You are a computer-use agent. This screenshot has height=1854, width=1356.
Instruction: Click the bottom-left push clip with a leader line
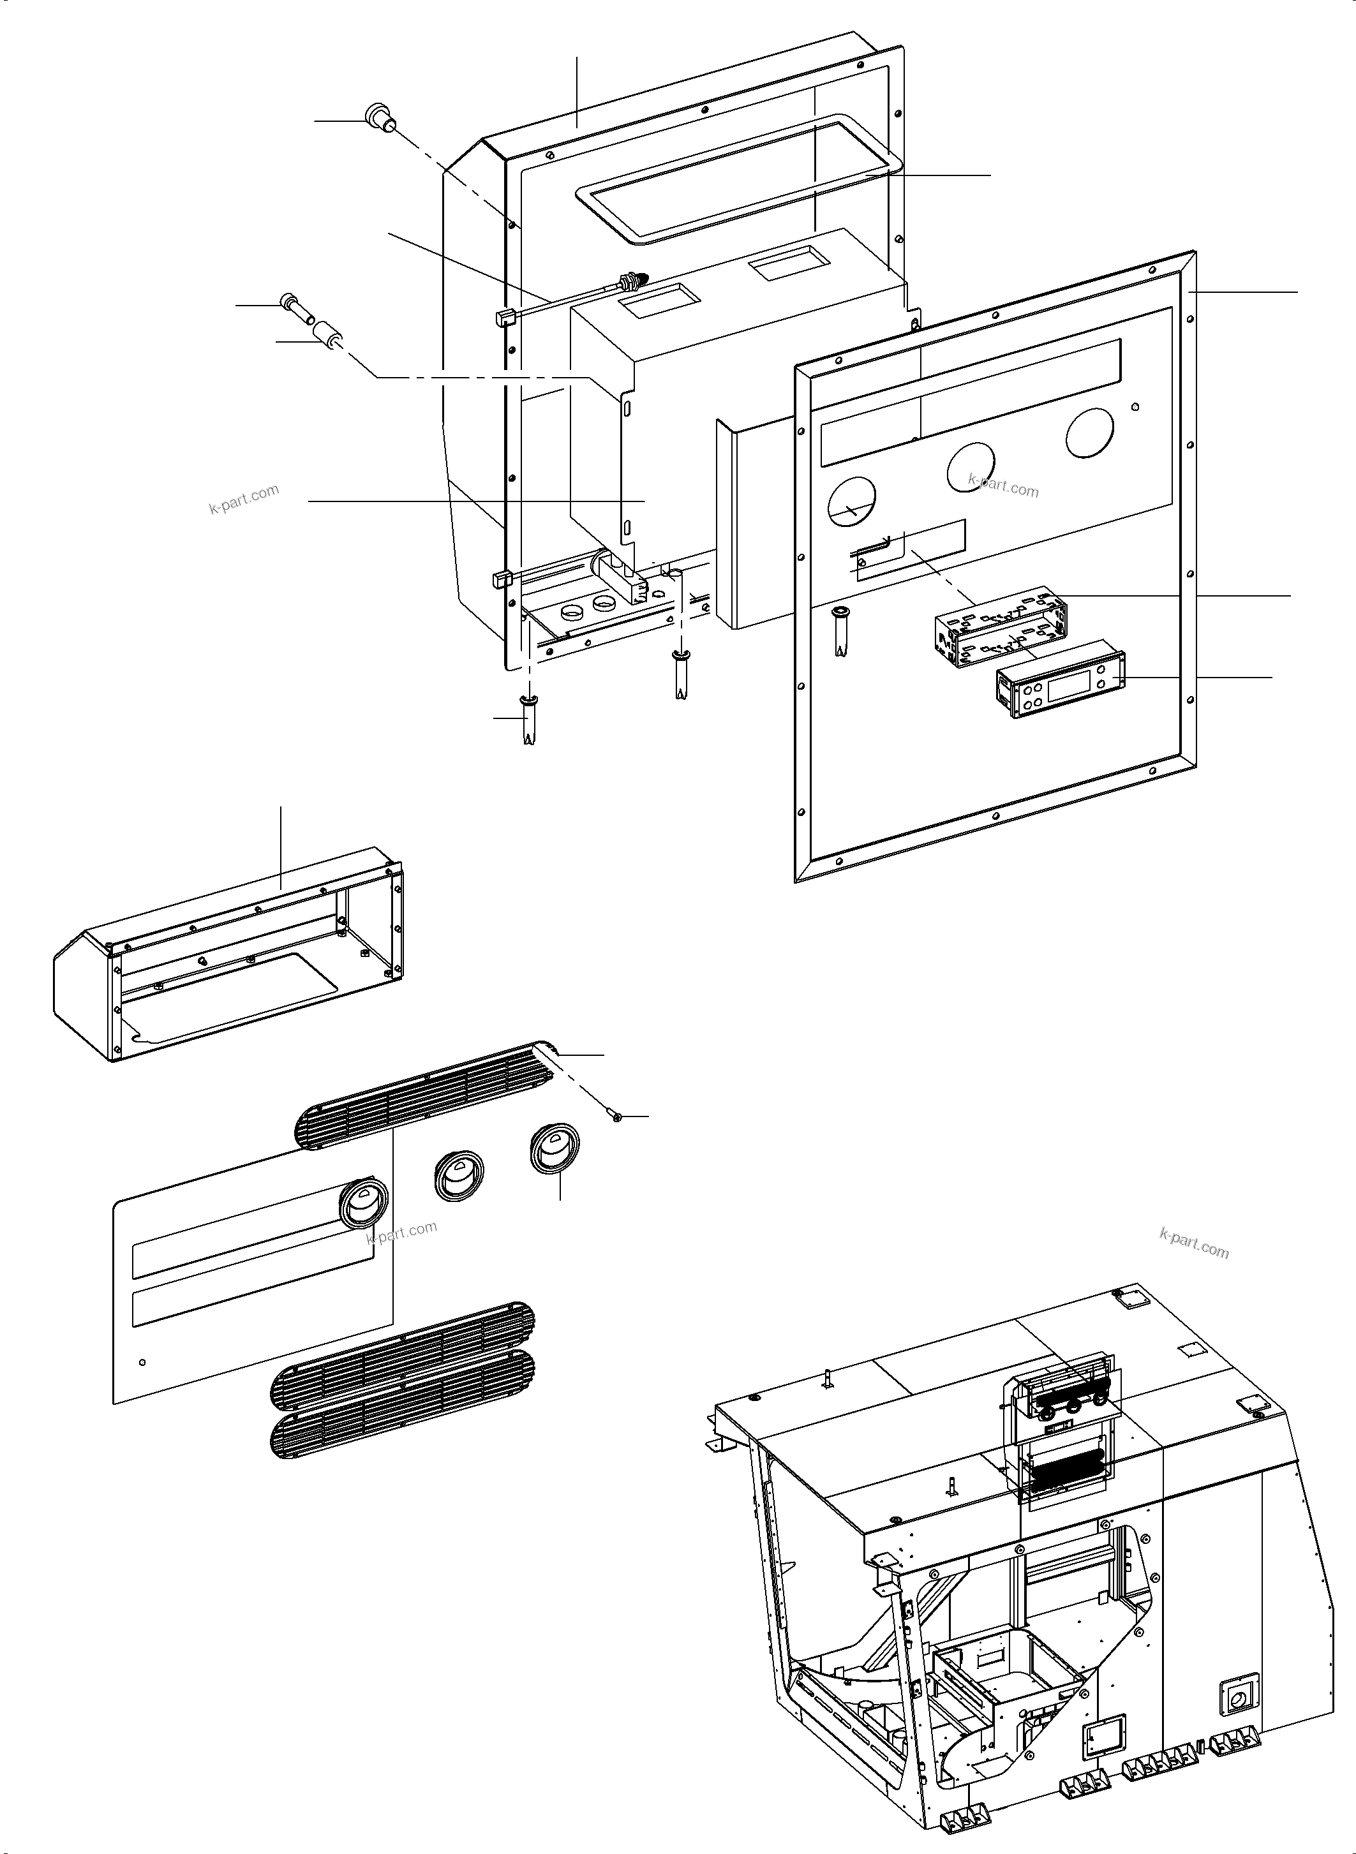pyautogui.click(x=528, y=716)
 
